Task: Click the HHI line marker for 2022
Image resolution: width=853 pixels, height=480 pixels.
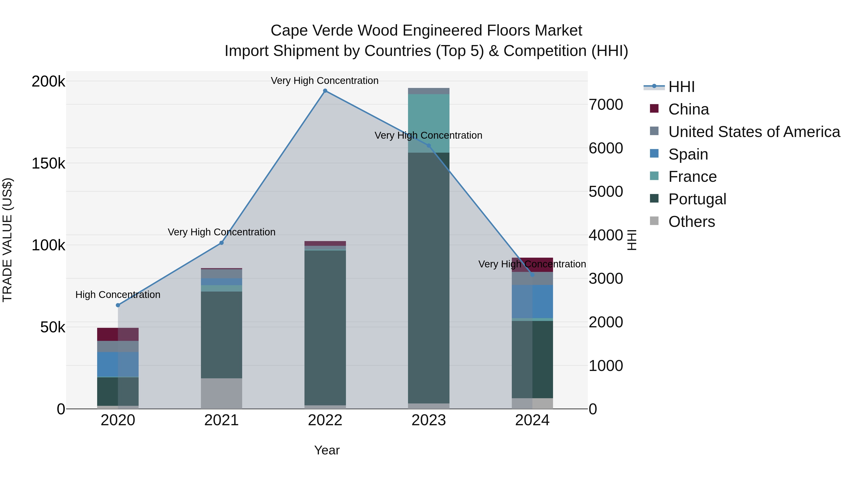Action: click(x=325, y=91)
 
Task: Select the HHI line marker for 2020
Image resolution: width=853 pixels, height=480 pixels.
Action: click(x=118, y=305)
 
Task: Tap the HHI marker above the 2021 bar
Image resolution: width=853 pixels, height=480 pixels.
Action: click(x=222, y=243)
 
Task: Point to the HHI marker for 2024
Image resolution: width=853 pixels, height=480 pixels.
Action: click(x=532, y=275)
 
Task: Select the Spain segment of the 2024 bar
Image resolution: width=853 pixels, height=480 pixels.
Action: click(x=532, y=302)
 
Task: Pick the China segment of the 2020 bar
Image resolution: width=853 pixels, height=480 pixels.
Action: click(x=118, y=334)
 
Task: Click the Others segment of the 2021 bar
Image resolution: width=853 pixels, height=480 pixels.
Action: click(x=222, y=393)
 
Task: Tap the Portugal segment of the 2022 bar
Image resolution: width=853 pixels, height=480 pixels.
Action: click(x=325, y=328)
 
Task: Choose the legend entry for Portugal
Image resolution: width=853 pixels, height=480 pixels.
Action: click(x=697, y=199)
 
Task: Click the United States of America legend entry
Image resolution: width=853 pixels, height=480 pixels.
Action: click(x=754, y=132)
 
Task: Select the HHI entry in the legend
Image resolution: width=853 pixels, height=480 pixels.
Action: click(x=681, y=87)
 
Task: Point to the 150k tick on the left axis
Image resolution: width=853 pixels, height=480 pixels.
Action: click(x=48, y=163)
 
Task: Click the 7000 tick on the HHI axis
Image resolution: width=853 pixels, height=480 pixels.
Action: click(x=606, y=105)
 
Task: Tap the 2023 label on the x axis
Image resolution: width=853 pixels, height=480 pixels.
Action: click(x=428, y=420)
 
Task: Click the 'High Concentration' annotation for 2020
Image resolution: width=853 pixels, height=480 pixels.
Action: click(x=118, y=294)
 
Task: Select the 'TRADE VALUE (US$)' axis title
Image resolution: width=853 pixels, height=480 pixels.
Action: click(x=7, y=240)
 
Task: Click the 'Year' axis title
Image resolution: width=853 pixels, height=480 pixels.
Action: click(x=327, y=450)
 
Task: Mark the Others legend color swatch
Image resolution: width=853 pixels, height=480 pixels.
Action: click(x=654, y=221)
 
